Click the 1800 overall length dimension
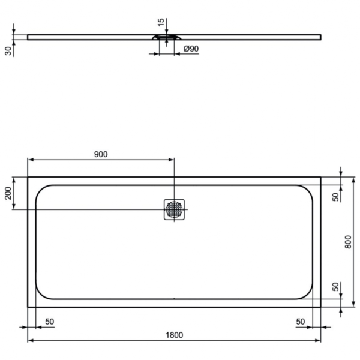[173, 335]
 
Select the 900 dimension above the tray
[100, 154]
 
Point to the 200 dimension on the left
[8, 193]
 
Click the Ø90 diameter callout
[190, 49]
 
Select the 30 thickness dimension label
[8, 50]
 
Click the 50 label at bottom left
[49, 322]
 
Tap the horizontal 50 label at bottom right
[300, 322]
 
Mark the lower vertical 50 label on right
[336, 287]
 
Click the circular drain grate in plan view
[174, 209]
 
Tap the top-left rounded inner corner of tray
[41, 190]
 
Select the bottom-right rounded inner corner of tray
[307, 293]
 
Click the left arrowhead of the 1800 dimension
[29, 341]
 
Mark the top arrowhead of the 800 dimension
[353, 179]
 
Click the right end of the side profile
[319, 37]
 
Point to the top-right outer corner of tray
[320, 177]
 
